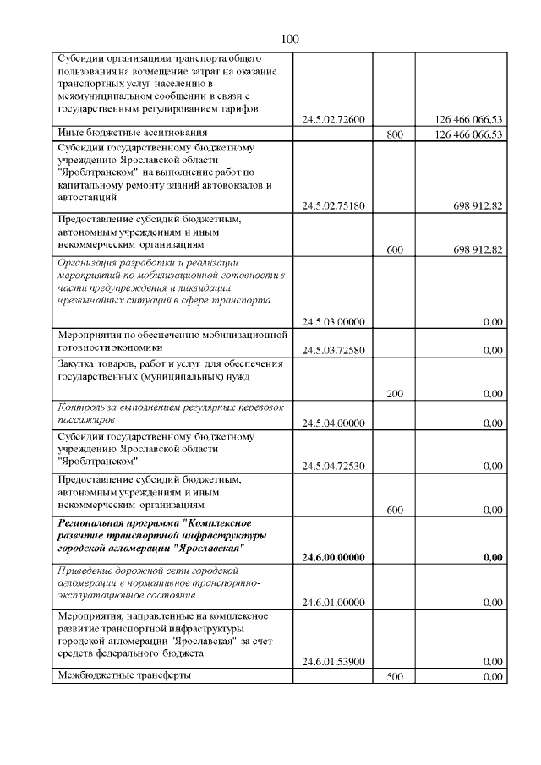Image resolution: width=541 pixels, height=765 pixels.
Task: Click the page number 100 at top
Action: (289, 39)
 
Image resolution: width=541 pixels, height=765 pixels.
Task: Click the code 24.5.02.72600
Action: (332, 119)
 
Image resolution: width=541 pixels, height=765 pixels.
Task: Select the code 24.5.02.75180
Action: (332, 205)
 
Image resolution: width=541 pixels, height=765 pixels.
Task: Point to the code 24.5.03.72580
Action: (332, 351)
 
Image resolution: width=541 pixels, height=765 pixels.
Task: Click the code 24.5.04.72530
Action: (332, 466)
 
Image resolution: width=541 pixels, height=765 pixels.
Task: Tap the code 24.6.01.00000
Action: (332, 603)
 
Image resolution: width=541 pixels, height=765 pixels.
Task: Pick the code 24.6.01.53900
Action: (332, 662)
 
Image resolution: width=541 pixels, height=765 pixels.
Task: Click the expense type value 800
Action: (393, 134)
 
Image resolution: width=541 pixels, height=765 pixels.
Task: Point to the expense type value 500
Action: (393, 677)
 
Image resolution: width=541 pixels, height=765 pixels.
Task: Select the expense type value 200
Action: (393, 394)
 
